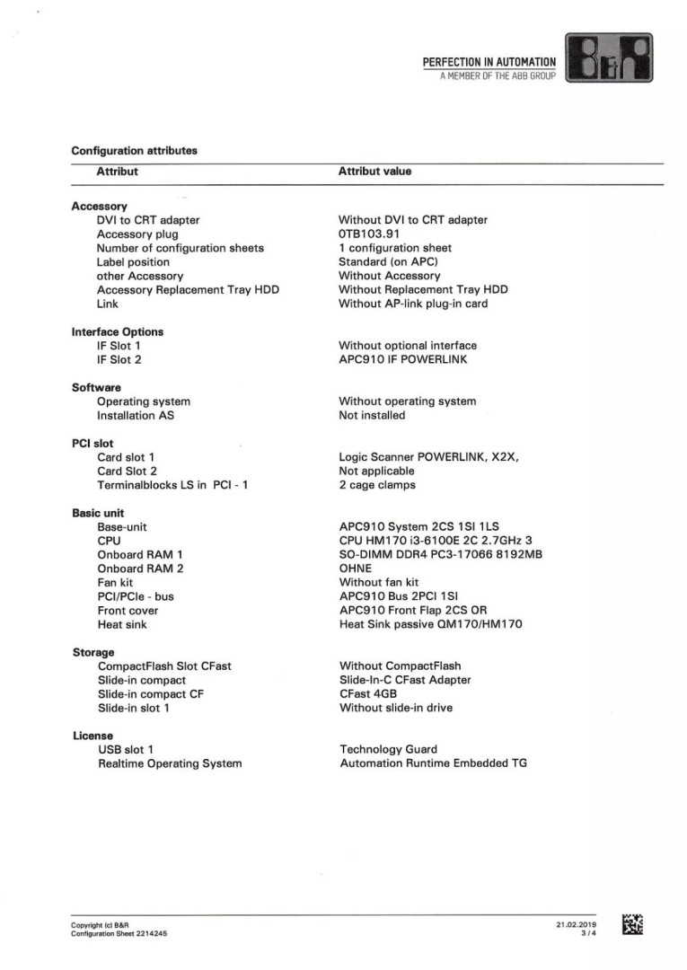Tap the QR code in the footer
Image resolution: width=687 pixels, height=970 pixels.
click(632, 924)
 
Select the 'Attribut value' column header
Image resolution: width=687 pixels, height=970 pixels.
click(374, 171)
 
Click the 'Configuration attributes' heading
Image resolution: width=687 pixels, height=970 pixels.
click(134, 150)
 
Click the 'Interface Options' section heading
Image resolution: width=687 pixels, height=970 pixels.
click(117, 331)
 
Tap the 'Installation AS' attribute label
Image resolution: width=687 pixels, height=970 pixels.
click(136, 416)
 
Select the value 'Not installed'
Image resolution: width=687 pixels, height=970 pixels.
click(372, 416)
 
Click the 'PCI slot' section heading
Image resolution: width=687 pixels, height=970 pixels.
click(92, 443)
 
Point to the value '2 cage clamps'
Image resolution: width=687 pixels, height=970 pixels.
click(377, 485)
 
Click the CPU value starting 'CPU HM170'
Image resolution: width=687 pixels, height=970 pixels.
click(436, 541)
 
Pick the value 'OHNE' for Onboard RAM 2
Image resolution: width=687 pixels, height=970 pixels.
click(356, 569)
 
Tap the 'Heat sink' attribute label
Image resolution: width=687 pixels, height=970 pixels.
click(122, 624)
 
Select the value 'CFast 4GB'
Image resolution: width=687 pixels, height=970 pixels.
click(368, 694)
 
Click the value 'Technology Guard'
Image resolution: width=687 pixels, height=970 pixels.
click(389, 749)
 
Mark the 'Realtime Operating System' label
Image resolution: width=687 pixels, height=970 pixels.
click(170, 763)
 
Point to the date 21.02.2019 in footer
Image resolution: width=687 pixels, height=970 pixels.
click(576, 924)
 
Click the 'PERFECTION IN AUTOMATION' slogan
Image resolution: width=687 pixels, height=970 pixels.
click(489, 62)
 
